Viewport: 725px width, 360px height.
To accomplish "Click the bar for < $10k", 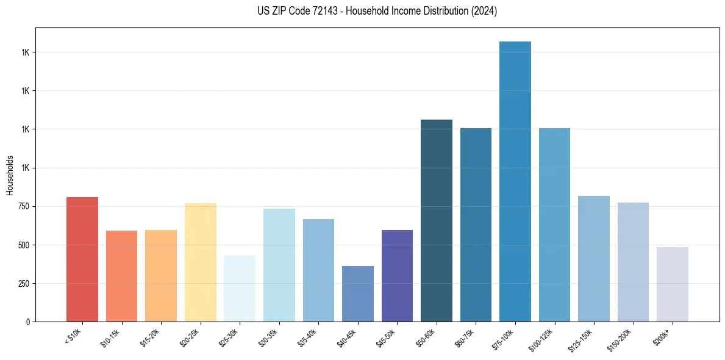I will pos(82,259).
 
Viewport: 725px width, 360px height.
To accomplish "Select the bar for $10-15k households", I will pos(121,276).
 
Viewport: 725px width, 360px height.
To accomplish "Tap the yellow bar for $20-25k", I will pos(200,262).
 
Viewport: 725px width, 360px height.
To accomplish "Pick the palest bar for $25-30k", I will pos(240,289).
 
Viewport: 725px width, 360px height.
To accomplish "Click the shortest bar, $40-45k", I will pos(357,293).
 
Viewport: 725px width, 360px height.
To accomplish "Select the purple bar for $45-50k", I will pos(397,276).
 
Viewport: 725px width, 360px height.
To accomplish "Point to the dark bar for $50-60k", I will pos(437,220).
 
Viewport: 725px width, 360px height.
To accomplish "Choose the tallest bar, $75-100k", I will pos(515,181).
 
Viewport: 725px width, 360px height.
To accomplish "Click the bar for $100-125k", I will pos(554,225).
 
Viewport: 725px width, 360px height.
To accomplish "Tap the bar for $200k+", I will pos(673,284).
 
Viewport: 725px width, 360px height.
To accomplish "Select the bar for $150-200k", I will pos(633,262).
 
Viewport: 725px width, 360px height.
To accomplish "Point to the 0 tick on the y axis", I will pos(28,322).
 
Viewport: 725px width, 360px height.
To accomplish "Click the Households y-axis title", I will pos(10,175).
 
